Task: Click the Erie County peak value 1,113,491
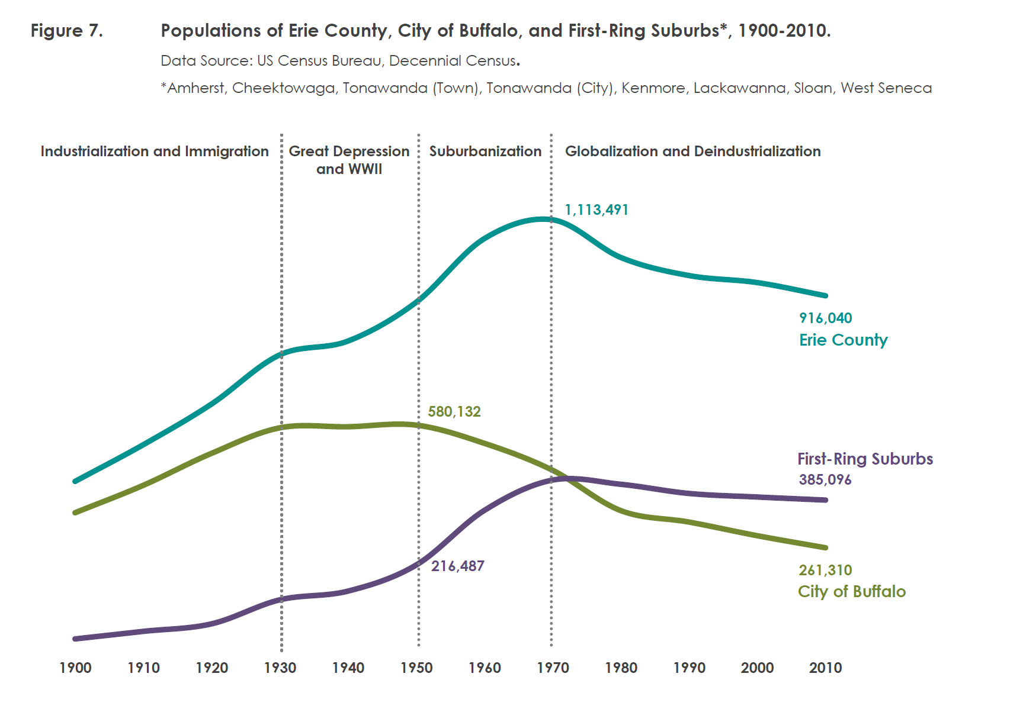[x=596, y=210]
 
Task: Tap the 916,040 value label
[x=825, y=318]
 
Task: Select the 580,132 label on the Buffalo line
[x=454, y=411]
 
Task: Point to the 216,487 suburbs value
[x=457, y=566]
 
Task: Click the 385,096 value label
[x=825, y=479]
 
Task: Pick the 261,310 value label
[x=825, y=570]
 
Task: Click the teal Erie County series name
[x=843, y=340]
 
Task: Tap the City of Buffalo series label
[x=851, y=591]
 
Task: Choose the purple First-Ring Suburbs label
[x=865, y=459]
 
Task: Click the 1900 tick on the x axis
[x=75, y=668]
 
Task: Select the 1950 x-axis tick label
[x=416, y=668]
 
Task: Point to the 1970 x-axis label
[x=553, y=668]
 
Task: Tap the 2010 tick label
[x=825, y=668]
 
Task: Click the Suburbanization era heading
[x=485, y=151]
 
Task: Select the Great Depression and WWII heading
[x=349, y=160]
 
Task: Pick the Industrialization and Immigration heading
[x=154, y=151]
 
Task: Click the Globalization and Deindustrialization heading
[x=692, y=151]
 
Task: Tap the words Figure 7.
[x=66, y=30]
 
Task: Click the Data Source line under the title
[x=340, y=60]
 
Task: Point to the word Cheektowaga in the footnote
[x=283, y=88]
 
